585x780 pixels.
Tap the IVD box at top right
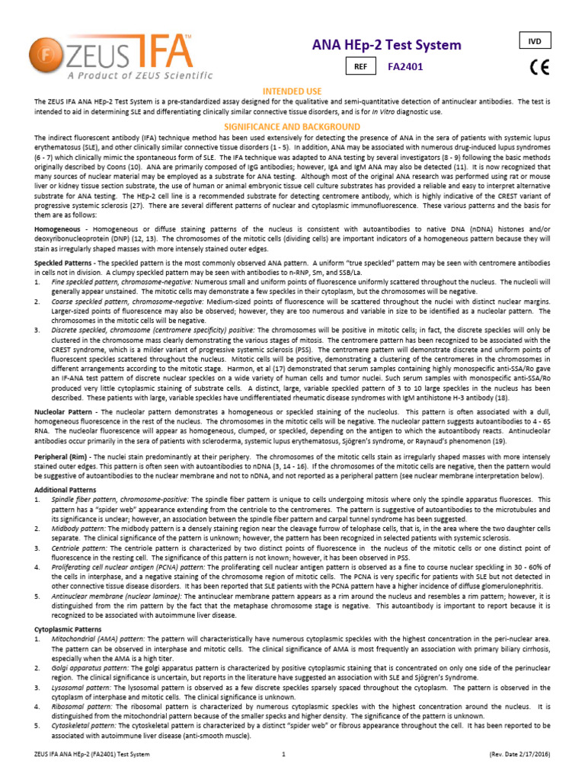(x=535, y=39)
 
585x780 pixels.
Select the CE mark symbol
(x=537, y=68)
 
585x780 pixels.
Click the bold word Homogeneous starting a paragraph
(x=58, y=229)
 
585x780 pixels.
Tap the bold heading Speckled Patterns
(x=64, y=262)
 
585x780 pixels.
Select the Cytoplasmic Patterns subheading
(x=68, y=630)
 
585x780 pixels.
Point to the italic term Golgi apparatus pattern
(x=86, y=667)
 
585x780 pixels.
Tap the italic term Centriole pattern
(x=75, y=547)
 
